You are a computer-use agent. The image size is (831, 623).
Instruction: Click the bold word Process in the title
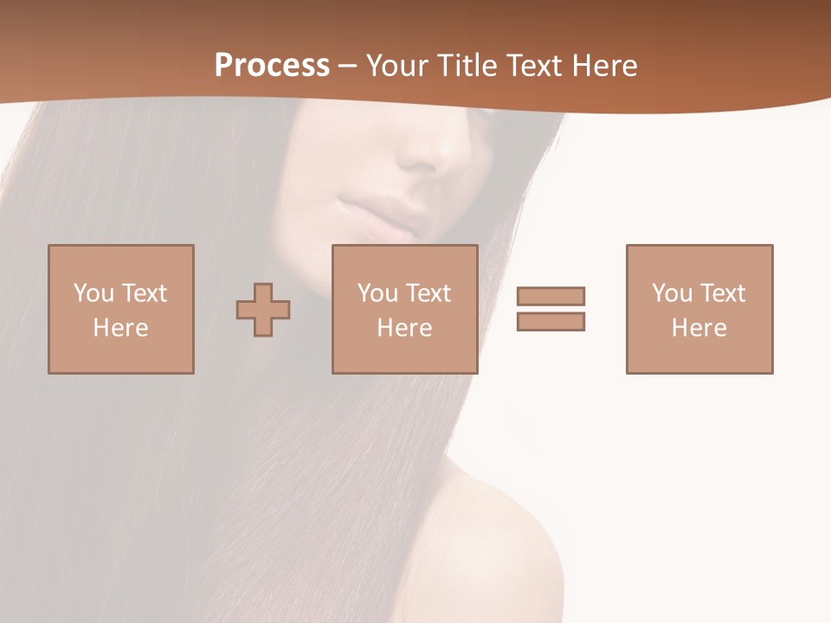(272, 65)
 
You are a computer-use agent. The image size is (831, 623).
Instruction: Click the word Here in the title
(605, 66)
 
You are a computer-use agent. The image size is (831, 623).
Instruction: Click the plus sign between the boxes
(263, 309)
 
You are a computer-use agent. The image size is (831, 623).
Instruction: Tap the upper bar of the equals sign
(551, 296)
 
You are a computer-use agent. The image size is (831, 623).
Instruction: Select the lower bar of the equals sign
(551, 321)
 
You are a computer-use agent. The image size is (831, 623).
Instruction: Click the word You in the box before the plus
(93, 293)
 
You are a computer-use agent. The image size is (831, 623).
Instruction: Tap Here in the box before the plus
(120, 328)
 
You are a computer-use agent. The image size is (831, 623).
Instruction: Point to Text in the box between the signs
(428, 293)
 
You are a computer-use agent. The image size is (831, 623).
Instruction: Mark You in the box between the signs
(377, 293)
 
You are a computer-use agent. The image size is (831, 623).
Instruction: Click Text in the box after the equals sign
(723, 293)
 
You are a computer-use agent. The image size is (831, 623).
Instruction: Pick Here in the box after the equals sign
(699, 328)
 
